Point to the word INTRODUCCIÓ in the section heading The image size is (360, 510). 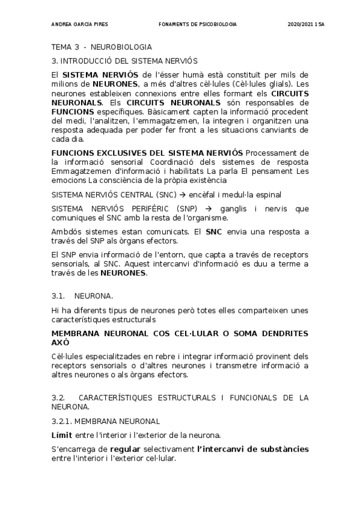point(82,61)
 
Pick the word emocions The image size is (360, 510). point(69,179)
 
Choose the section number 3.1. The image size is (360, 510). point(58,296)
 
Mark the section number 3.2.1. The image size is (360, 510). point(64,421)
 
